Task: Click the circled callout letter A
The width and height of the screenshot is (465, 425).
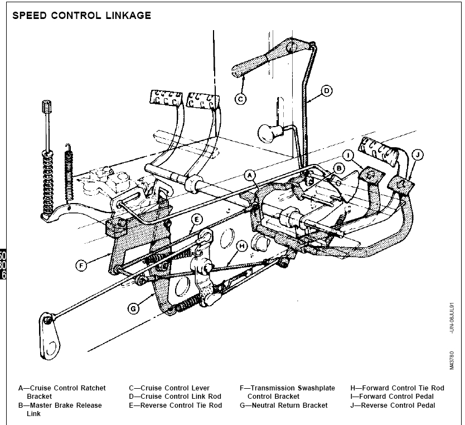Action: point(251,175)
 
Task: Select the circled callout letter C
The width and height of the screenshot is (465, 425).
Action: point(240,99)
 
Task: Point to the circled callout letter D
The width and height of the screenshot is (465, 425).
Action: point(326,90)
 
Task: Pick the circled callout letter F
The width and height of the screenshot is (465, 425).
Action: point(81,265)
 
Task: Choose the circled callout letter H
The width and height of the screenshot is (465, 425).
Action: point(241,246)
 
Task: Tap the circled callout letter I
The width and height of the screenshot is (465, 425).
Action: point(347,155)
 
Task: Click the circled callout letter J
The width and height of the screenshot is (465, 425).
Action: point(417,154)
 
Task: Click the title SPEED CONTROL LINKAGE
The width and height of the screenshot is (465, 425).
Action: point(81,16)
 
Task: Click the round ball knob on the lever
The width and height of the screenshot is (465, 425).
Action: point(268,134)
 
